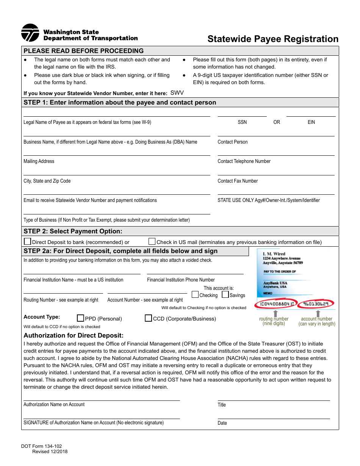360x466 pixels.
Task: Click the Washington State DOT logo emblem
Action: tap(30, 33)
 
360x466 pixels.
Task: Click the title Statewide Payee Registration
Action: tap(273, 39)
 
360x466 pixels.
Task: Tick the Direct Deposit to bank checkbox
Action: tap(28, 241)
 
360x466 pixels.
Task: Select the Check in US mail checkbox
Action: tap(152, 241)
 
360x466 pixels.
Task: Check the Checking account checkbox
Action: tap(195, 294)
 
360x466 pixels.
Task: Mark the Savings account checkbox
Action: tap(225, 294)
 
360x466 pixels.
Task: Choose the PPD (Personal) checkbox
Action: tap(80, 318)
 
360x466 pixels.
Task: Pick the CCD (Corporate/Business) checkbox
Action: tap(149, 318)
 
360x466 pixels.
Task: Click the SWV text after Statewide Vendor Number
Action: tap(177, 93)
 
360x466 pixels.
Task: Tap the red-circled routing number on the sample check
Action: tap(276, 304)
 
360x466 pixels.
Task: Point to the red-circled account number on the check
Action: tap(316, 304)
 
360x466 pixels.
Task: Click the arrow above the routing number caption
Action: tap(275, 313)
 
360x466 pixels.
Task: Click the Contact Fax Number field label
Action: tap(238, 181)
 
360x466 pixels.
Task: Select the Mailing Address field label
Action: tap(39, 161)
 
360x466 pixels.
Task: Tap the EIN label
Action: tap(311, 122)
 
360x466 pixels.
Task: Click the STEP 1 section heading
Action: tap(120, 103)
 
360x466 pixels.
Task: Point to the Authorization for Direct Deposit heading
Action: tap(74, 335)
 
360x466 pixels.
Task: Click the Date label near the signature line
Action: tap(222, 423)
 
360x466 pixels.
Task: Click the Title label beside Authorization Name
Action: tap(222, 405)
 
